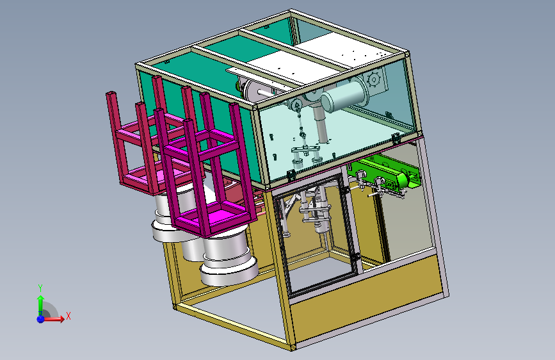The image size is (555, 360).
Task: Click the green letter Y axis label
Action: [40, 288]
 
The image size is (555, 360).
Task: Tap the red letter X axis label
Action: [68, 316]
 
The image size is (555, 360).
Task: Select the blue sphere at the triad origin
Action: [40, 319]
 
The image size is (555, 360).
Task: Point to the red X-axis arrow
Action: [53, 319]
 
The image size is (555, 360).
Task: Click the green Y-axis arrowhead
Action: [40, 299]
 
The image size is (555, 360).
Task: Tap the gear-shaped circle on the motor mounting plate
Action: [373, 79]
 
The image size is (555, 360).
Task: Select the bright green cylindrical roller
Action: [403, 179]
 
